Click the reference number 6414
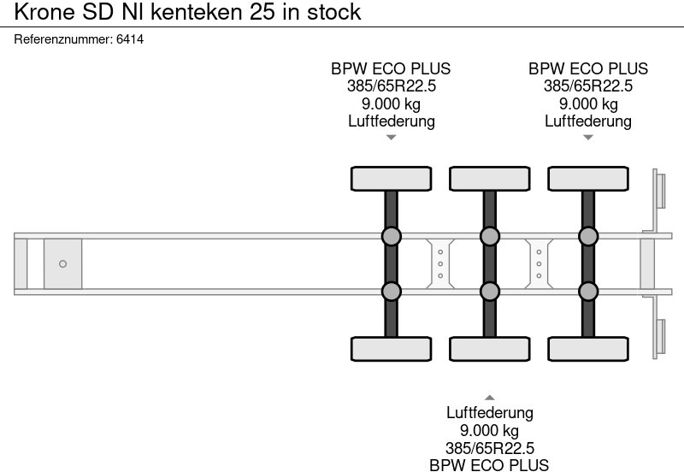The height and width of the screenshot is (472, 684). pos(129,39)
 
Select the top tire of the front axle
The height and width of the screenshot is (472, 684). pos(391,179)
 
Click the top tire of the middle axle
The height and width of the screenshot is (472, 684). pos(490,179)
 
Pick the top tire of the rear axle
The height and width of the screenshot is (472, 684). pos(588,179)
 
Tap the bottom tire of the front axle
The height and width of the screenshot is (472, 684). pos(391,349)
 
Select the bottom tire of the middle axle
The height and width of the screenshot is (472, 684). pos(490,349)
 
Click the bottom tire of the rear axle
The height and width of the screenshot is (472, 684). pos(588,349)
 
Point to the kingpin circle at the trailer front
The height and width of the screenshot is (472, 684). pos(62,264)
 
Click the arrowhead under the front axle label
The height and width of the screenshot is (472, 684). pos(391,138)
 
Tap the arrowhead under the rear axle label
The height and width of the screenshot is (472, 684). pos(588,138)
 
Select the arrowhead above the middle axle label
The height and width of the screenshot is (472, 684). pos(490,398)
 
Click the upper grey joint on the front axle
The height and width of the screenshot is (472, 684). pos(391,236)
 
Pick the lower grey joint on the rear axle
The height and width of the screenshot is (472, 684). pos(588,292)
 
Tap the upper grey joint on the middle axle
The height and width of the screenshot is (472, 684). pos(490,236)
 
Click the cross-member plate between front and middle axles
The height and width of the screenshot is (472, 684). pos(440,264)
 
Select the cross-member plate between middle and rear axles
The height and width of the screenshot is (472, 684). pos(539,264)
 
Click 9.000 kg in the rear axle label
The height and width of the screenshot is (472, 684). pos(588,104)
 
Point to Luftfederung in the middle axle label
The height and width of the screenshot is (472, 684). pos(490,413)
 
